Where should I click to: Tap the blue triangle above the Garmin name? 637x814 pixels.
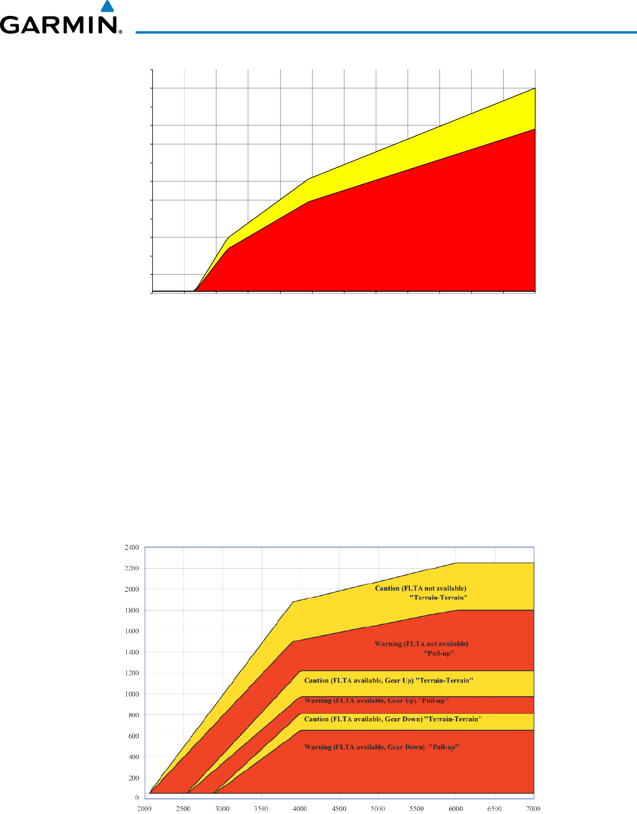(x=107, y=6)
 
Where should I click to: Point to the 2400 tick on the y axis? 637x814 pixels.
(x=131, y=548)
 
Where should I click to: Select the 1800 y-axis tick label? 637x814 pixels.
(x=131, y=610)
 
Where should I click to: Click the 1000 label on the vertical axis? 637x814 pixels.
(x=131, y=694)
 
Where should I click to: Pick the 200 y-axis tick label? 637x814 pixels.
(x=133, y=778)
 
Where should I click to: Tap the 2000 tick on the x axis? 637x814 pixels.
(x=145, y=809)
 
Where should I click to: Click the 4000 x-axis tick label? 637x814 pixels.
(x=300, y=809)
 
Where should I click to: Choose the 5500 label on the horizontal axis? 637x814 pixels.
(x=416, y=809)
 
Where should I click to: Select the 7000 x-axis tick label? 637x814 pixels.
(x=533, y=809)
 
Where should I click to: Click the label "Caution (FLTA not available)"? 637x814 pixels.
(x=421, y=588)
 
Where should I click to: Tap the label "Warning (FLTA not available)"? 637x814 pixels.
(x=421, y=644)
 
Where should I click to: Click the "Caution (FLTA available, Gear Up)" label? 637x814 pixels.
(x=359, y=680)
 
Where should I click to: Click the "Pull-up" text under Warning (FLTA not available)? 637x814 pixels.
(x=439, y=653)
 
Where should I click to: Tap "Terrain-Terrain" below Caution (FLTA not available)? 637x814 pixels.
(x=438, y=598)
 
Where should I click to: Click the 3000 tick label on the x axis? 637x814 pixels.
(x=222, y=809)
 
